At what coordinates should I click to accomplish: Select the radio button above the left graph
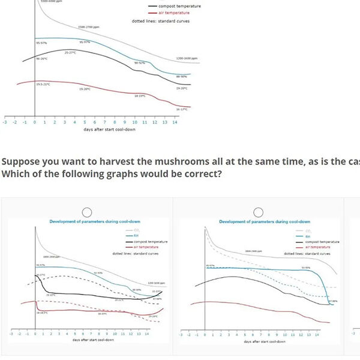pyautogui.click(x=87, y=212)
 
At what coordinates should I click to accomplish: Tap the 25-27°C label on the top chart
pyautogui.click(x=70, y=52)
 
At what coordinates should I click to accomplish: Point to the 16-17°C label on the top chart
pyautogui.click(x=182, y=109)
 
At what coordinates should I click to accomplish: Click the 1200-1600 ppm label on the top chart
pyautogui.click(x=187, y=58)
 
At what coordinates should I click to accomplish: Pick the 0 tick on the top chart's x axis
pyautogui.click(x=35, y=122)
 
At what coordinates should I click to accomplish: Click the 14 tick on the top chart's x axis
pyautogui.click(x=175, y=122)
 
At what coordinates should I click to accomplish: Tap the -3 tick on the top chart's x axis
pyautogui.click(x=5, y=122)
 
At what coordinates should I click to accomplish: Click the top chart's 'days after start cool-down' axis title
pyautogui.click(x=90, y=130)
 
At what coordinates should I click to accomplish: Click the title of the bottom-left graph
pyautogui.click(x=87, y=222)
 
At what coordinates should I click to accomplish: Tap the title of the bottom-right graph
pyautogui.click(x=256, y=222)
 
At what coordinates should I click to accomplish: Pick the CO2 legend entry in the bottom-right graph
pyautogui.click(x=307, y=230)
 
